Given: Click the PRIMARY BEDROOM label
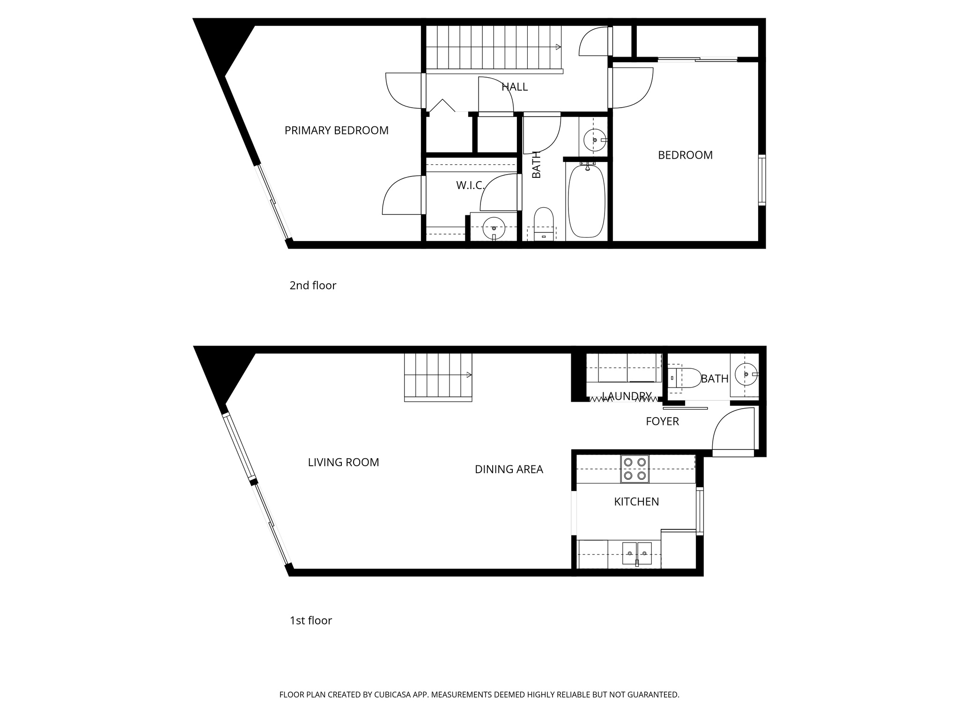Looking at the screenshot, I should coord(336,131).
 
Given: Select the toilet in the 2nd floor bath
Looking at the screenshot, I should coord(544,223).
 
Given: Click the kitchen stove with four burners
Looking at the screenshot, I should coord(635,469).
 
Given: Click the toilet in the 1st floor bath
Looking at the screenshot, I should coord(684,378).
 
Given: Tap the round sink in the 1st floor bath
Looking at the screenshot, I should coord(745,374).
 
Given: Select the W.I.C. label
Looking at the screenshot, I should coord(470,186).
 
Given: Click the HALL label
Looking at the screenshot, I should coord(515,87).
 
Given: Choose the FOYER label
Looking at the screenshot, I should coord(662,422).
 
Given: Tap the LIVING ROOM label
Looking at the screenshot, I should coord(343,462).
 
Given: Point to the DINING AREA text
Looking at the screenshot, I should coord(509,470).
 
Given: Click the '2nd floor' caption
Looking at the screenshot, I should coord(313,286).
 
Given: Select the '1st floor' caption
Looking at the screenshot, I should coord(310,621).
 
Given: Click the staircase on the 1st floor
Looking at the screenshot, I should coord(438,377).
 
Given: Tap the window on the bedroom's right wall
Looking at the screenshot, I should coord(762,180).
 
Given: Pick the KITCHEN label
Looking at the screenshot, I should coord(636,502).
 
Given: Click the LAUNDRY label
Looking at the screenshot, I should coord(627,396).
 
